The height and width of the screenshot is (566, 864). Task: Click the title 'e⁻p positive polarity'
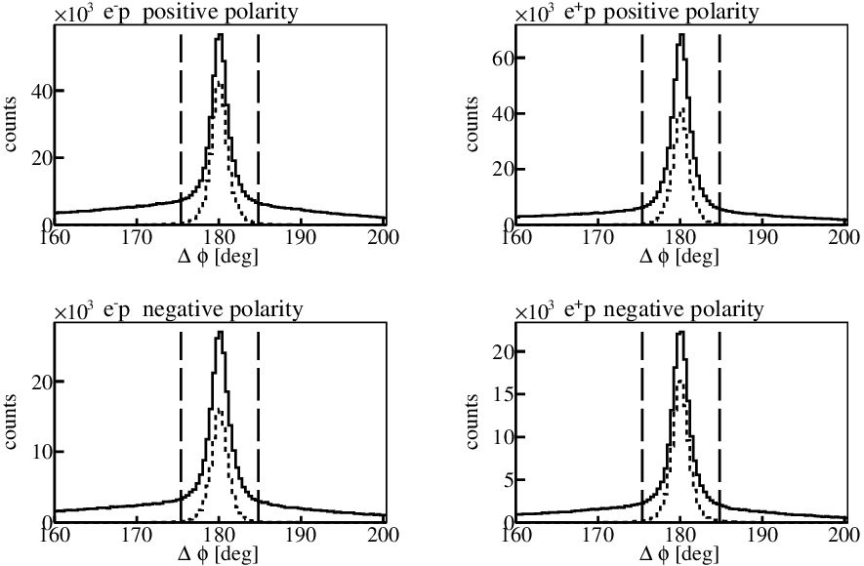(201, 12)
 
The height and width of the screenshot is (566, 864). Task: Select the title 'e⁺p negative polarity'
(665, 310)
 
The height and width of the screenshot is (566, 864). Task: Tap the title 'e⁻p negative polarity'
(203, 310)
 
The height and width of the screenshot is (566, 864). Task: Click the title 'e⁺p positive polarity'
(662, 12)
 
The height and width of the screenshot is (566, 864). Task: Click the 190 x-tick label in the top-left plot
(302, 237)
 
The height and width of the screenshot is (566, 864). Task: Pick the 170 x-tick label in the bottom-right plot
(597, 535)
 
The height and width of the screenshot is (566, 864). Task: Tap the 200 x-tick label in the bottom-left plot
(384, 535)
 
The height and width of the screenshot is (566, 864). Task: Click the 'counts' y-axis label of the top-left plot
(11, 125)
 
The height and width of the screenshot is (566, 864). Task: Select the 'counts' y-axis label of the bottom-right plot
(472, 422)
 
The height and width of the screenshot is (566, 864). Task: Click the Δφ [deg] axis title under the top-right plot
(679, 256)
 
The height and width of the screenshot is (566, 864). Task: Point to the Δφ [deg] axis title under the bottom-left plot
(219, 553)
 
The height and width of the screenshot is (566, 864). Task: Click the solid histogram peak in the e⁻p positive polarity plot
(221, 35)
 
